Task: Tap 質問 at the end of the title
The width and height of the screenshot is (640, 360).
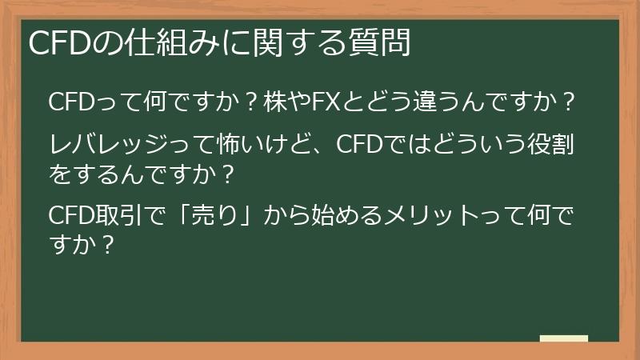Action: [382, 43]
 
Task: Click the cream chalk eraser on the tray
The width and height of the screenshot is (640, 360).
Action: [563, 339]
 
